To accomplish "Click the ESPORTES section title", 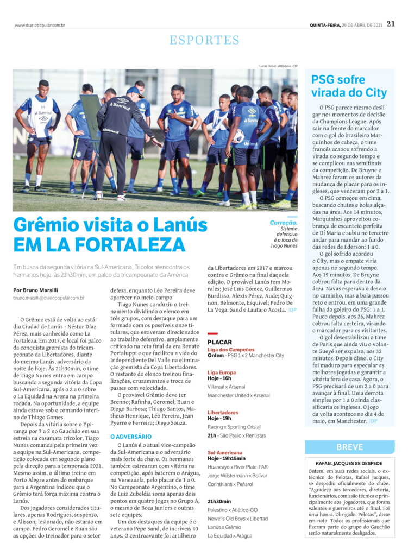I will click(x=204, y=40).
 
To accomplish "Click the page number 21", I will click(x=391, y=24).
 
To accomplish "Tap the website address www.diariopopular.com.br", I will click(x=40, y=25).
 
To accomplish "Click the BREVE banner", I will click(x=350, y=447).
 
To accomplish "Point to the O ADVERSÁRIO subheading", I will click(x=130, y=436).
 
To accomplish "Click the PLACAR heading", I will click(x=220, y=342).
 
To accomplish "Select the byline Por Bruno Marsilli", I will click(x=36, y=290).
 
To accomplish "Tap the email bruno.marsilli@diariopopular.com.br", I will click(x=49, y=298).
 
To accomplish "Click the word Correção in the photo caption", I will click(x=283, y=223).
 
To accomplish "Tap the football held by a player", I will click(x=238, y=136).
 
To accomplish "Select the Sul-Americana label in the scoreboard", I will click(x=225, y=452).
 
